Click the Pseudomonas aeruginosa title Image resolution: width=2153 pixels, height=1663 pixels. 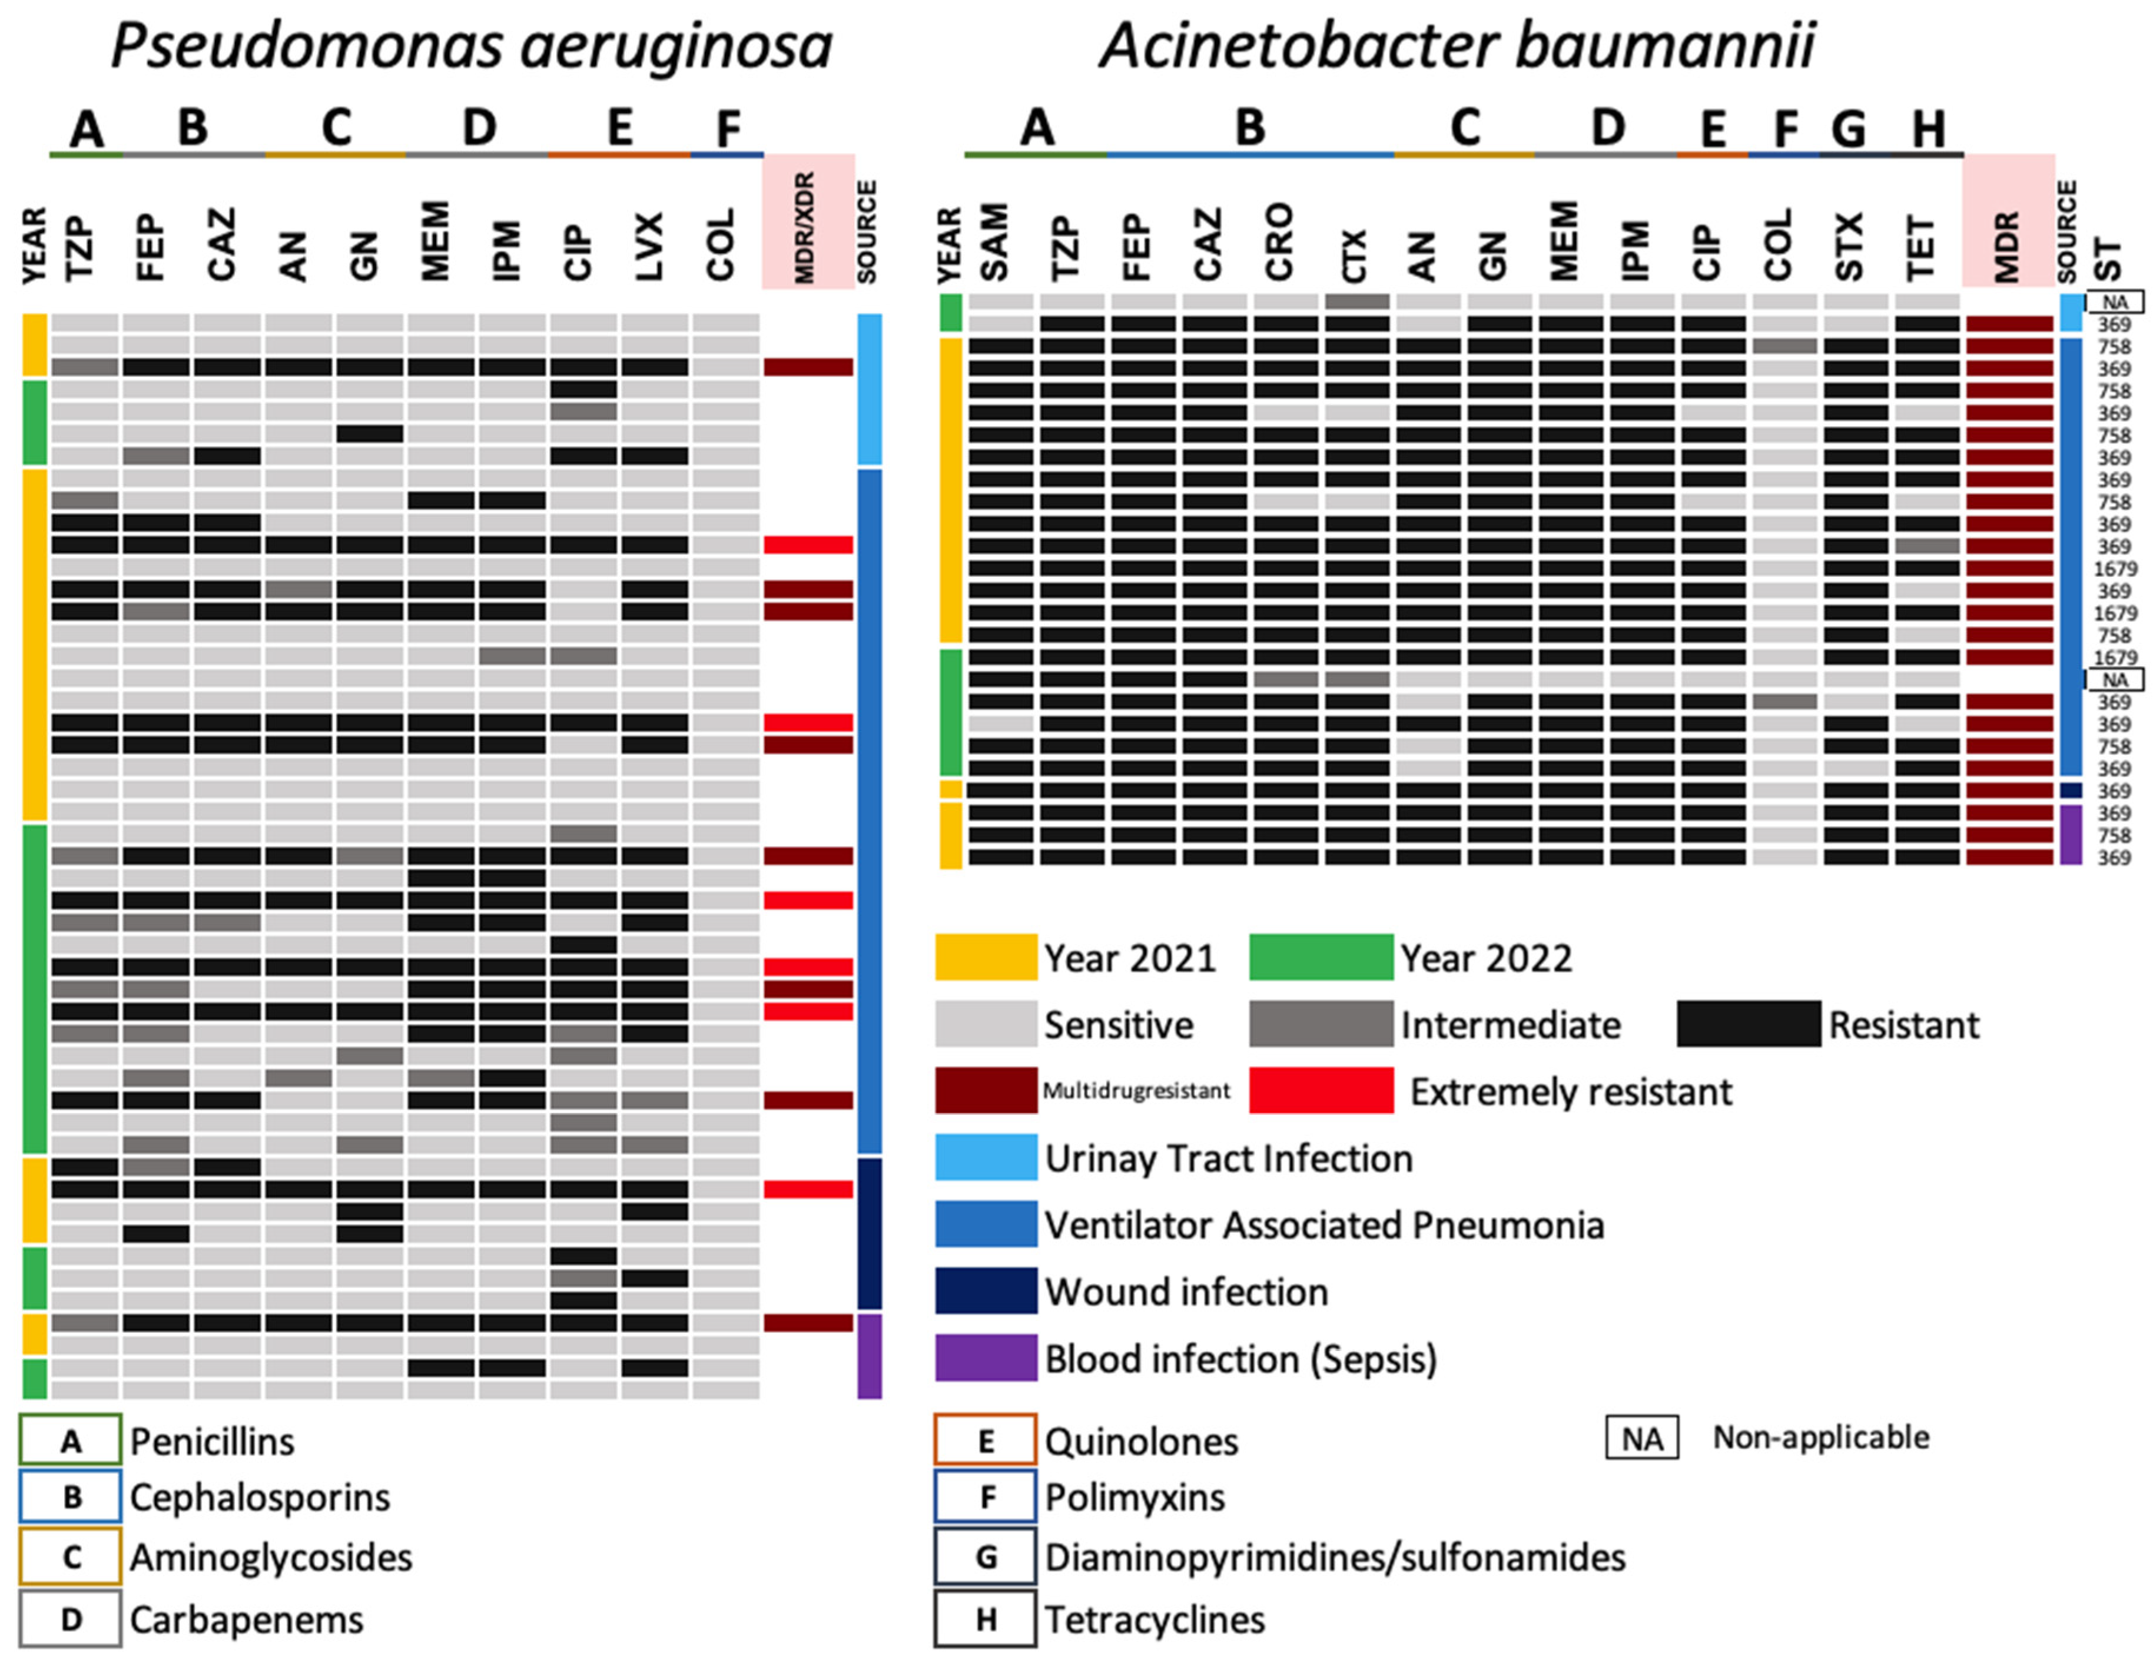471,47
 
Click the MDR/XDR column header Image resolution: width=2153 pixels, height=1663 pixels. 807,227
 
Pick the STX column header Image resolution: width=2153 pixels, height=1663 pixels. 1849,247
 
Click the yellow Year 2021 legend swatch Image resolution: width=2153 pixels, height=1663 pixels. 985,957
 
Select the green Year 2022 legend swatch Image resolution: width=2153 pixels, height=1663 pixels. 1320,957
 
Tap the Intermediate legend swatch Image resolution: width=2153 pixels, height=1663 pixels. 1320,1024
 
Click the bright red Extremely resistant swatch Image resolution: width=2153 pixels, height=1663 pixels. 1320,1090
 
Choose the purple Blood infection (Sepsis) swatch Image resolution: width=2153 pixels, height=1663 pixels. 985,1357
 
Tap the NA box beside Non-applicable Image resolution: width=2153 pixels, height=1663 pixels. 1641,1439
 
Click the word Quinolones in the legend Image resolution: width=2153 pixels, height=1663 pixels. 1140,1442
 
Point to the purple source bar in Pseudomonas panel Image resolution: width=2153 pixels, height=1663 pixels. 868,1356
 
